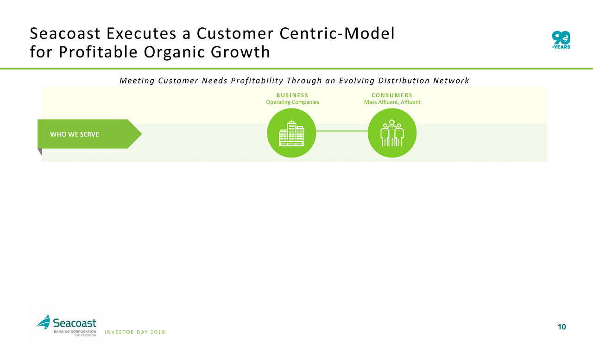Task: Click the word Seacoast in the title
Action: [x=65, y=34]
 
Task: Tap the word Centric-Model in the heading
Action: [x=337, y=34]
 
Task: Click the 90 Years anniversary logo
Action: [x=561, y=40]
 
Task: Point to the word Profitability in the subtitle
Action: [x=257, y=81]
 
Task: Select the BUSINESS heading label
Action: [x=292, y=95]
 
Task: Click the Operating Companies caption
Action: [x=292, y=102]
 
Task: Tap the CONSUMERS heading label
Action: [x=392, y=95]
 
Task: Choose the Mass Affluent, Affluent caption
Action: [x=392, y=102]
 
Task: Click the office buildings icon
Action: [x=291, y=133]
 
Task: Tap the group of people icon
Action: [x=392, y=133]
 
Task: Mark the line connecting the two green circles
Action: [x=342, y=131]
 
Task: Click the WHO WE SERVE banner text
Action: [x=75, y=134]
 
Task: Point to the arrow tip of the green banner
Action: [x=142, y=134]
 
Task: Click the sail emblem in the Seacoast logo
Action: [x=44, y=322]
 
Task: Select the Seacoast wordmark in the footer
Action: [x=75, y=323]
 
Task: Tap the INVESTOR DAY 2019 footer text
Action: [x=135, y=332]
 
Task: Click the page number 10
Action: [x=562, y=327]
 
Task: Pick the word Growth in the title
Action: [x=240, y=52]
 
